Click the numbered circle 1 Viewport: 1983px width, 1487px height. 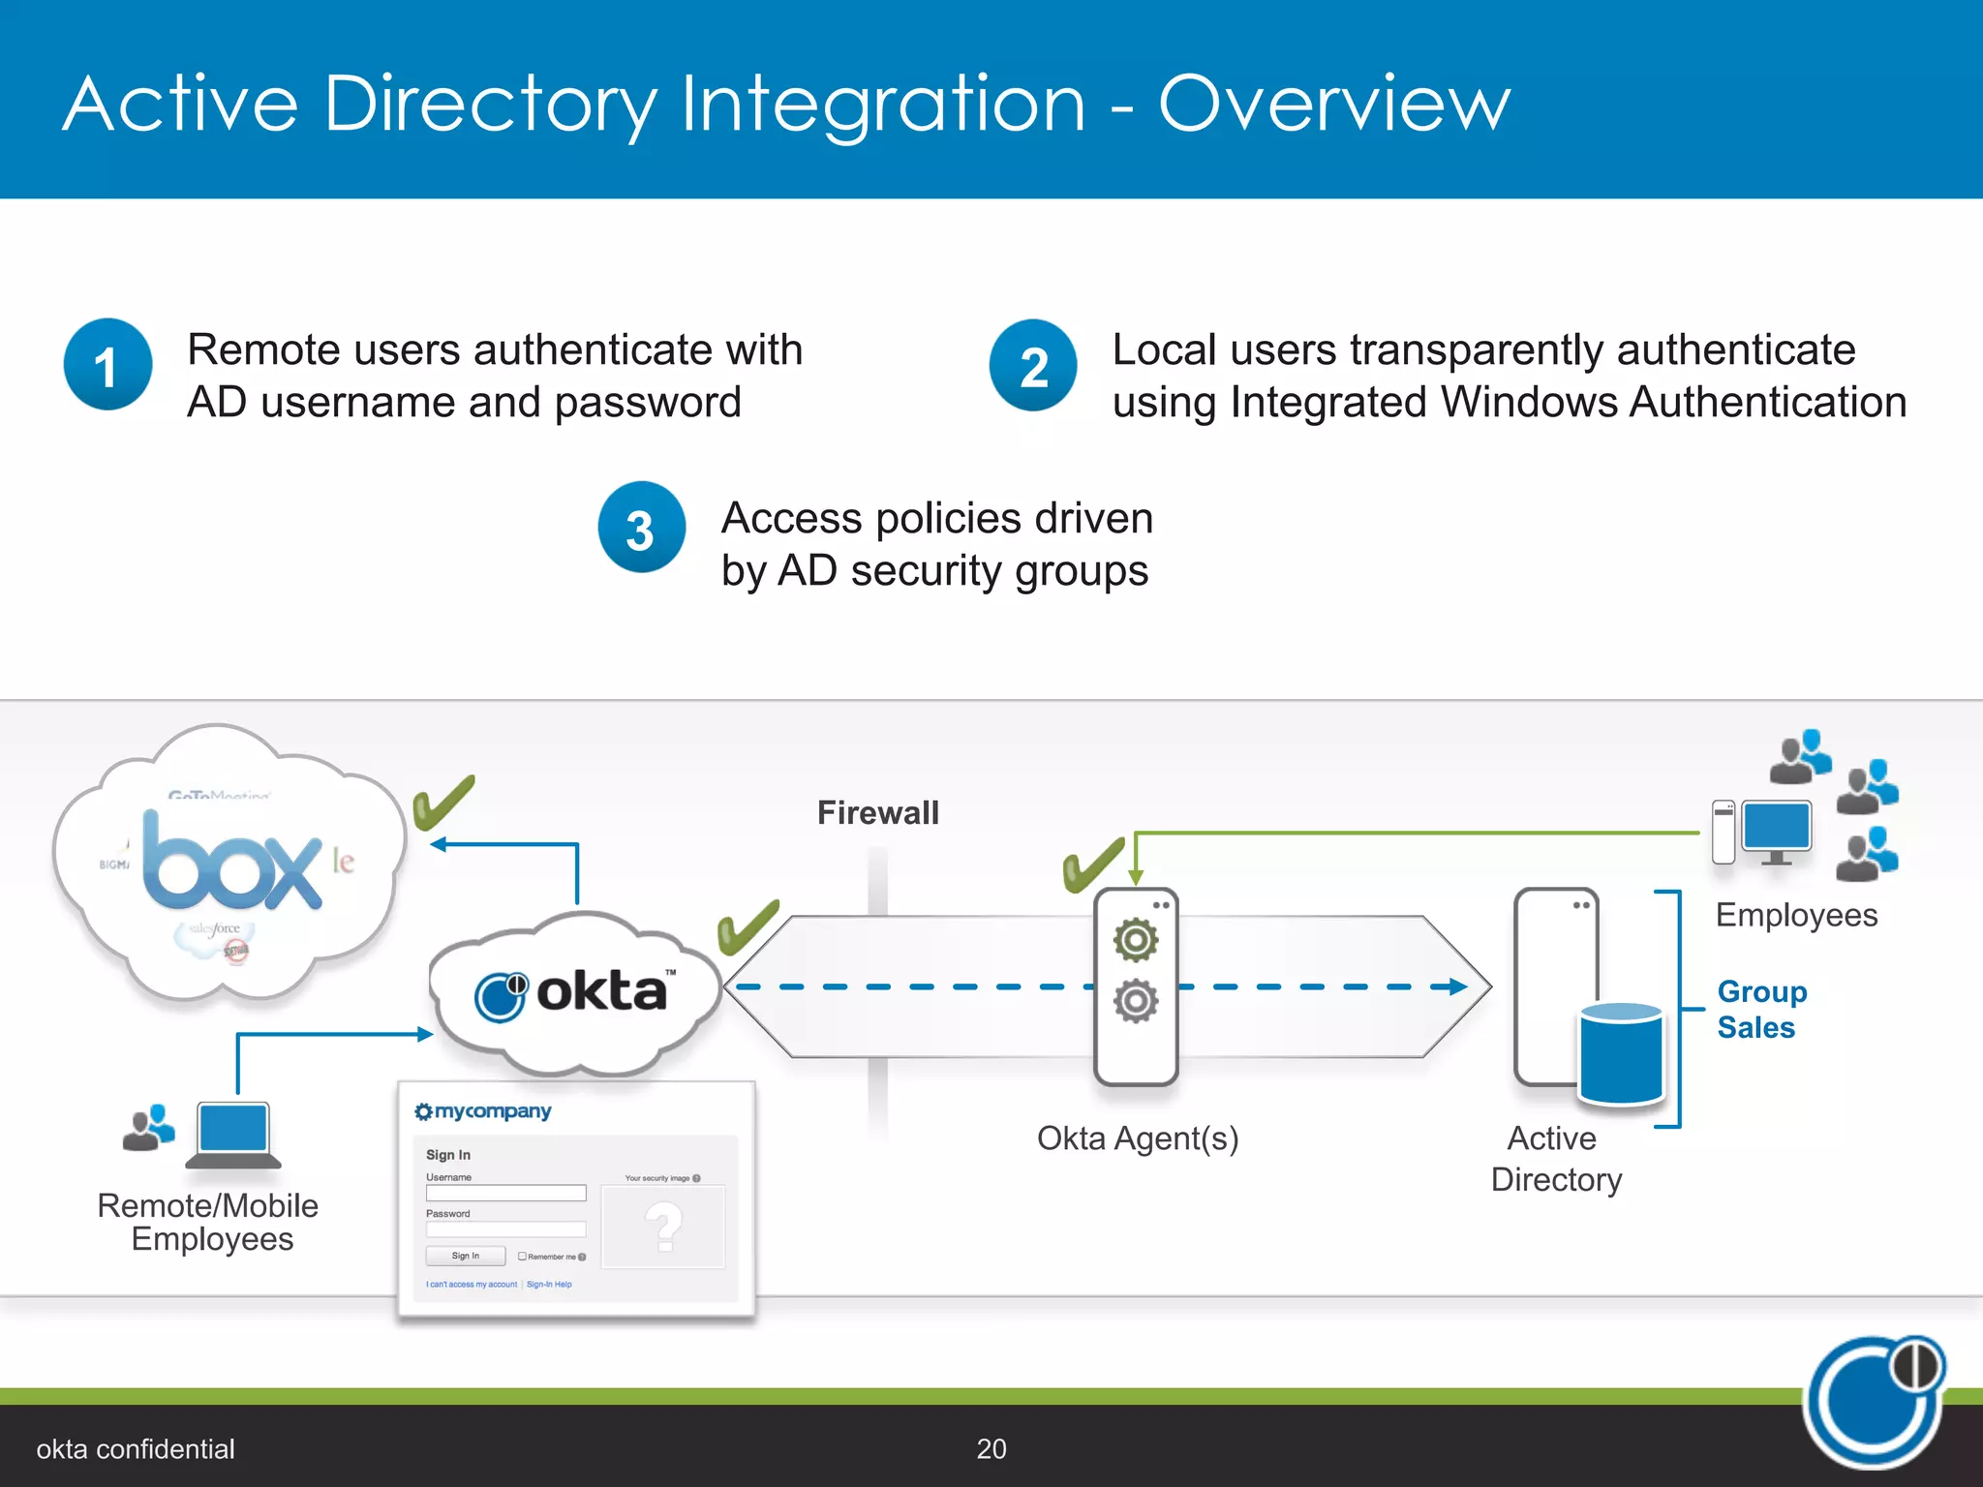click(x=107, y=365)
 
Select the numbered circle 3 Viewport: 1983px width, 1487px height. click(x=641, y=528)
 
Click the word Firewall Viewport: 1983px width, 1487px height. click(x=877, y=812)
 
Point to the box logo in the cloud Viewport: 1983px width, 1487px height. click(x=232, y=862)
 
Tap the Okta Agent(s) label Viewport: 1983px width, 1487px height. click(x=1138, y=1138)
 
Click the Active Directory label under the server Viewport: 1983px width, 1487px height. click(x=1555, y=1159)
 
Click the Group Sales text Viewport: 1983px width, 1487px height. click(x=1761, y=1009)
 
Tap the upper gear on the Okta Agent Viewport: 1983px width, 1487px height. click(x=1135, y=939)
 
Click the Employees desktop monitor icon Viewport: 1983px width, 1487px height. click(x=1776, y=830)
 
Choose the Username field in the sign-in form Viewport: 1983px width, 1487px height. click(x=505, y=1194)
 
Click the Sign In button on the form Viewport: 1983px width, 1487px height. click(x=466, y=1256)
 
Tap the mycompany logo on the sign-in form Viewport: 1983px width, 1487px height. click(x=483, y=1111)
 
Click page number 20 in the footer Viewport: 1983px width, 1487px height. click(x=991, y=1448)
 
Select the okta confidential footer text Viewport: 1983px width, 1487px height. click(x=136, y=1448)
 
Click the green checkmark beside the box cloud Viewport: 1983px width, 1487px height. click(x=443, y=802)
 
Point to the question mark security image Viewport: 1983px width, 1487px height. click(x=663, y=1226)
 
